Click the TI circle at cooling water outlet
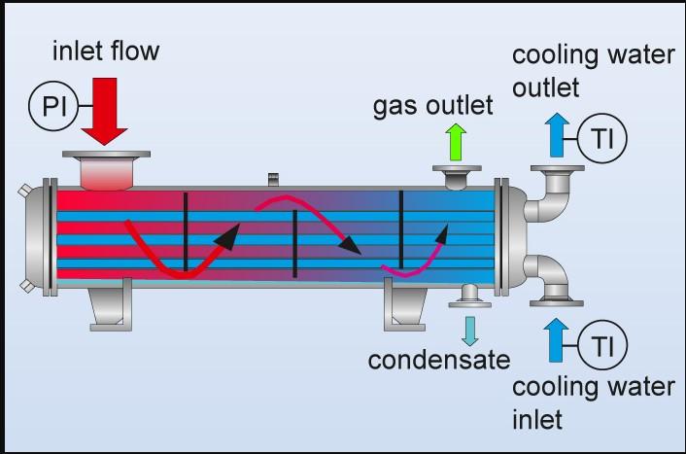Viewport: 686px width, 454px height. pyautogui.click(x=602, y=139)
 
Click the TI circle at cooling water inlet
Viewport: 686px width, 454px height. pyautogui.click(x=602, y=345)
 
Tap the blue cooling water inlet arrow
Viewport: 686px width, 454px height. pyautogui.click(x=557, y=339)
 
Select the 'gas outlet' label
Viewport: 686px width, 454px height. pyautogui.click(x=432, y=104)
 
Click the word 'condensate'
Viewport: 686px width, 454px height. pyautogui.click(x=438, y=361)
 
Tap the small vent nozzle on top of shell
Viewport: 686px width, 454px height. pyautogui.click(x=273, y=178)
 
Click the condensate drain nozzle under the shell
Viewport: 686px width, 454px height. pyautogui.click(x=469, y=295)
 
